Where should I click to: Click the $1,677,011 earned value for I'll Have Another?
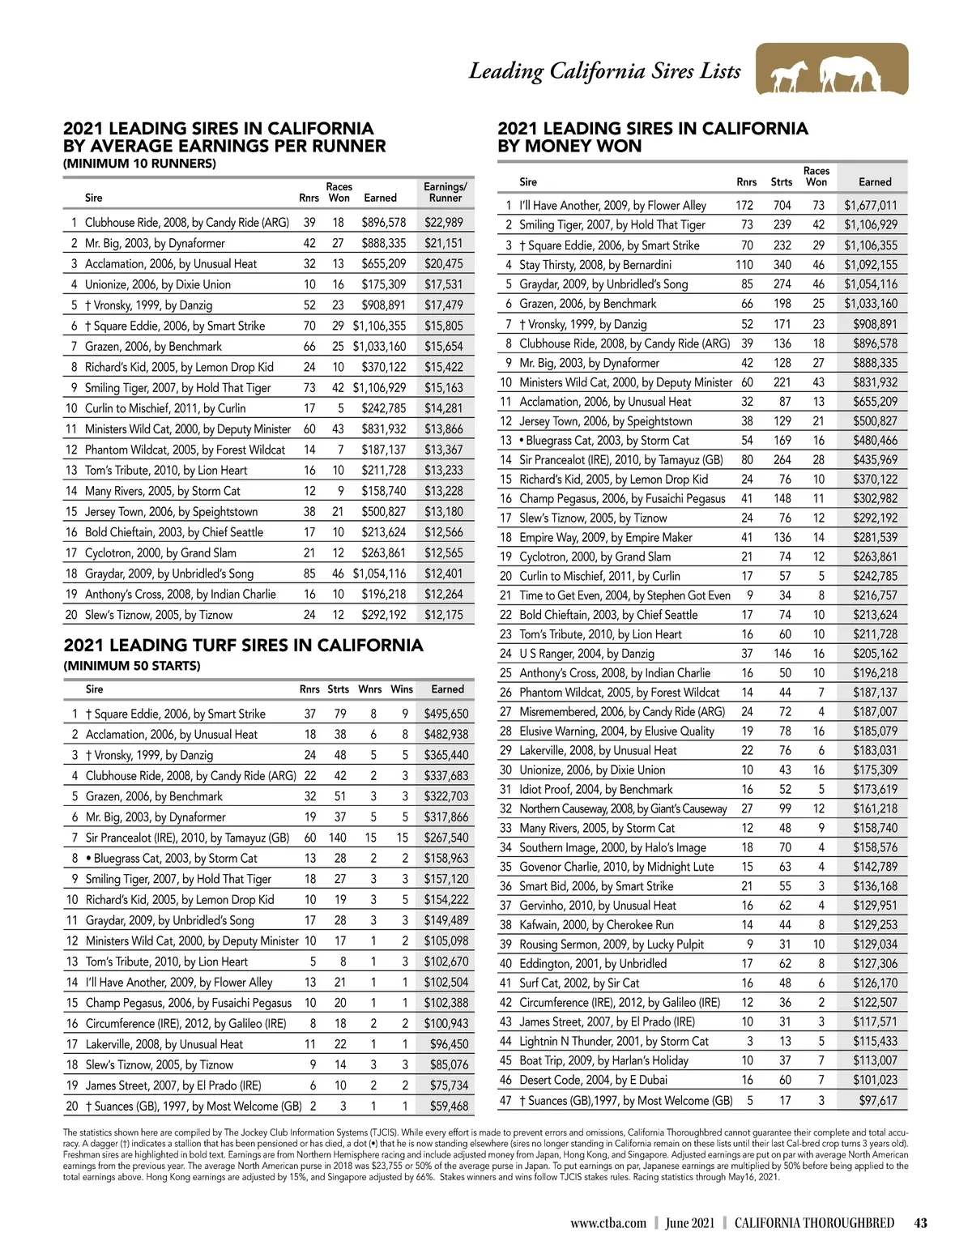[x=870, y=206]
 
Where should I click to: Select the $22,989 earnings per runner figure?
[x=444, y=223]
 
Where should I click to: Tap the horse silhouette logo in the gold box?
[x=832, y=70]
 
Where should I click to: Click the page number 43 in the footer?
[x=919, y=1223]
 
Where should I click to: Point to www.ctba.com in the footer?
[x=607, y=1223]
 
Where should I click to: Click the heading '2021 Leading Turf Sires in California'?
[x=243, y=646]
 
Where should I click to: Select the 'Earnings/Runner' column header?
[x=445, y=192]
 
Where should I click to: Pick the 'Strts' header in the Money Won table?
[x=782, y=182]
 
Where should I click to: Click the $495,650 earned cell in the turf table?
[x=446, y=714]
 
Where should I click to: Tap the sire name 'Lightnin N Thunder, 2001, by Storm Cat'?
[x=614, y=1042]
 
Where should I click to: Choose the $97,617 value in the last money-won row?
[x=878, y=1101]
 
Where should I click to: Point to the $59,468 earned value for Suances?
[x=449, y=1107]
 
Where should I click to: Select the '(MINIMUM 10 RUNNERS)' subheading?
[x=139, y=164]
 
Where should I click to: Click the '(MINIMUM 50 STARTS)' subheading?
[x=132, y=666]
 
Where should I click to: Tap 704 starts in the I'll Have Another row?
[x=782, y=206]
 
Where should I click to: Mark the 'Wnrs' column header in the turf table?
[x=370, y=689]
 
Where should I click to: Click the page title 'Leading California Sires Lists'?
[x=605, y=71]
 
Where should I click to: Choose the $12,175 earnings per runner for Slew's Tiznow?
[x=444, y=615]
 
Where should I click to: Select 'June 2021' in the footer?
[x=690, y=1223]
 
